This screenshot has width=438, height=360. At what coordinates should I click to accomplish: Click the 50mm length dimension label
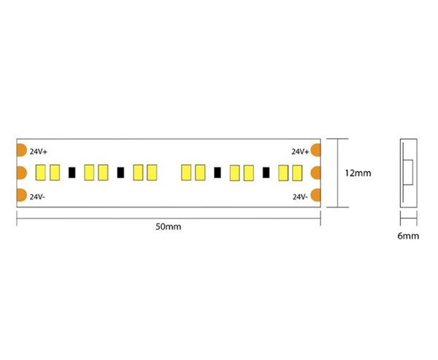tap(168, 226)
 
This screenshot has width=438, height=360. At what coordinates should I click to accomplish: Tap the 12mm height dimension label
tap(358, 173)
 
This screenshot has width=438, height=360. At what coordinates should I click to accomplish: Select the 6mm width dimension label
tap(408, 236)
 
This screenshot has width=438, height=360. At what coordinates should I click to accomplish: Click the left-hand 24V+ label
tap(39, 151)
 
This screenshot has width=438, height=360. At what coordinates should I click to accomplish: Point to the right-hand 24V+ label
tap(300, 151)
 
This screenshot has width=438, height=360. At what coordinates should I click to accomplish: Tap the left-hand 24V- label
tap(37, 196)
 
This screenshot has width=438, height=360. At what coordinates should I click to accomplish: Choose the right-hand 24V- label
tap(300, 196)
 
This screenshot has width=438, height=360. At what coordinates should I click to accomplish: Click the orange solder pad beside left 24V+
tap(21, 150)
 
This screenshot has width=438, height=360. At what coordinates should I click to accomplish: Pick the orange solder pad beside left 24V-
tap(21, 195)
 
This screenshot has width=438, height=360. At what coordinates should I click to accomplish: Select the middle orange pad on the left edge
tap(21, 173)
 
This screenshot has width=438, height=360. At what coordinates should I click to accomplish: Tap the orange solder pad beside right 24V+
tap(316, 150)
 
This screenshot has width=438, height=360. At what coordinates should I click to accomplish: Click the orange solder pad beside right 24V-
tap(316, 195)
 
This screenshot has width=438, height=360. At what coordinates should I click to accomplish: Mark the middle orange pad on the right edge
tap(316, 173)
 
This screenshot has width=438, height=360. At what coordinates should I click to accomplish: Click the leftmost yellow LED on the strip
tap(40, 172)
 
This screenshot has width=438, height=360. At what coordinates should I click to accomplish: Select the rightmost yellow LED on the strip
tap(297, 173)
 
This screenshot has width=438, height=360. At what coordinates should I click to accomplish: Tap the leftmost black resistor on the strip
tap(72, 172)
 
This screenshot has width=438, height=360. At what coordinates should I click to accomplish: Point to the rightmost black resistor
tap(266, 172)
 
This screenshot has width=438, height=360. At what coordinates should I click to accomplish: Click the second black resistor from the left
tap(120, 172)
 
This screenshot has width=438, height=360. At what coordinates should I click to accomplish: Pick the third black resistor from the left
tap(218, 172)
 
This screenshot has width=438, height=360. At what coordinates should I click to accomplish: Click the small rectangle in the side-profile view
tap(408, 172)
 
